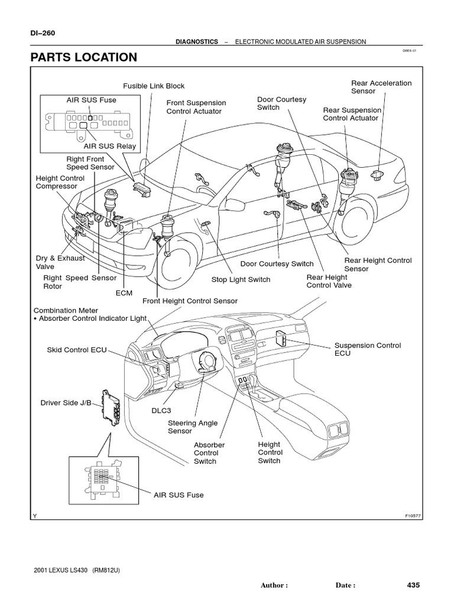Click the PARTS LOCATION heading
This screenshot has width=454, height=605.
[83, 57]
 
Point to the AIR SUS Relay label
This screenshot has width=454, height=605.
[109, 146]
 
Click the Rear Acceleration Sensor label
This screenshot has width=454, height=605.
[381, 87]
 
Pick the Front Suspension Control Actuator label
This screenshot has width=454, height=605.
[196, 107]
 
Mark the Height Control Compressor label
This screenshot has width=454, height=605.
[60, 183]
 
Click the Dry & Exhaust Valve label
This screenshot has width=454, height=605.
[60, 262]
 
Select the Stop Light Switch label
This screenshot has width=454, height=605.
[241, 279]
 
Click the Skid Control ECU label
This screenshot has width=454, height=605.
[76, 350]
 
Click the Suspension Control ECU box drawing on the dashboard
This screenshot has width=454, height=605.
[281, 338]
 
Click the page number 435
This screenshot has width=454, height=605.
[413, 585]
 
